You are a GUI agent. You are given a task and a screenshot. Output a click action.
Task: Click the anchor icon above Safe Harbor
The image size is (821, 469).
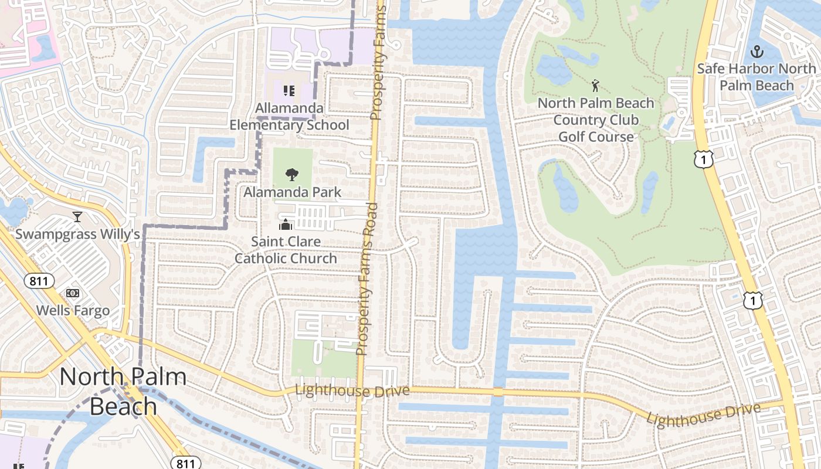pos(757,51)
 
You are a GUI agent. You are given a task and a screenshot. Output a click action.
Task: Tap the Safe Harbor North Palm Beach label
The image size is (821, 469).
pos(756,77)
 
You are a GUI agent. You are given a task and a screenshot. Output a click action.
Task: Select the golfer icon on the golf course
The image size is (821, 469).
pos(596,86)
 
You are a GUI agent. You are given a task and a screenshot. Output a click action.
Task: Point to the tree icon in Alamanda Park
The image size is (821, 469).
pos(291,174)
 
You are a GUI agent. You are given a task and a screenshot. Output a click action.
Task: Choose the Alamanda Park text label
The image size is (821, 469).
pos(292,192)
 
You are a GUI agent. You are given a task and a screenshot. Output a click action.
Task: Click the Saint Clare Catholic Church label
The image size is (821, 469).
pos(286,250)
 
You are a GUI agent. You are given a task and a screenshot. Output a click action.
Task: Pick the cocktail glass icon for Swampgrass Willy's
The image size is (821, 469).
pos(77,217)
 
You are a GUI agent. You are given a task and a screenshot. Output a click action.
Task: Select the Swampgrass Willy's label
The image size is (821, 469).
pos(77,235)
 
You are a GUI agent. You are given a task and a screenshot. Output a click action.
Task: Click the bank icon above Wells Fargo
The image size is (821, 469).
pos(73,293)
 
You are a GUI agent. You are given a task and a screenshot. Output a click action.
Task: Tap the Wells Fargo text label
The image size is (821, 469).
pos(73,310)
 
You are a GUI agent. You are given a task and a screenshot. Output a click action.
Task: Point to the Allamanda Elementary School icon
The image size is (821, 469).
pos(289,91)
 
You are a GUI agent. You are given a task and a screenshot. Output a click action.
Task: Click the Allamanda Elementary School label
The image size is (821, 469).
pos(289,117)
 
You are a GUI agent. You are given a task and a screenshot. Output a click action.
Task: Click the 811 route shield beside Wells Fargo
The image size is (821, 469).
pos(39,281)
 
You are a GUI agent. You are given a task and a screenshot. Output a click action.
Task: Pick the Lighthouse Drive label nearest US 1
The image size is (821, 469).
pos(703,416)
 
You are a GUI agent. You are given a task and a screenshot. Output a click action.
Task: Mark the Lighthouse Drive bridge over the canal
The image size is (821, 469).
pos(498,392)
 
